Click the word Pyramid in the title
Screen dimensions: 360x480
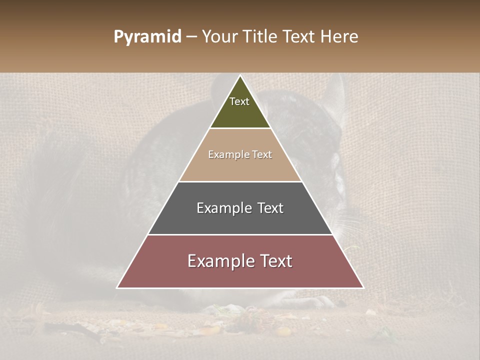point(147,37)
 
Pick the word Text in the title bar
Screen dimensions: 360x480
point(299,36)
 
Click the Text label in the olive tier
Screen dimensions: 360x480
point(239,101)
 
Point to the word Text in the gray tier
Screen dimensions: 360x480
point(271,208)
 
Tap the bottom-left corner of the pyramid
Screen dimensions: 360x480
point(117,287)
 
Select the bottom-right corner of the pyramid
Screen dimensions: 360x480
point(363,287)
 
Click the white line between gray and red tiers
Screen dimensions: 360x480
point(240,234)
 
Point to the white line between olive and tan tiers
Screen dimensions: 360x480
point(240,128)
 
